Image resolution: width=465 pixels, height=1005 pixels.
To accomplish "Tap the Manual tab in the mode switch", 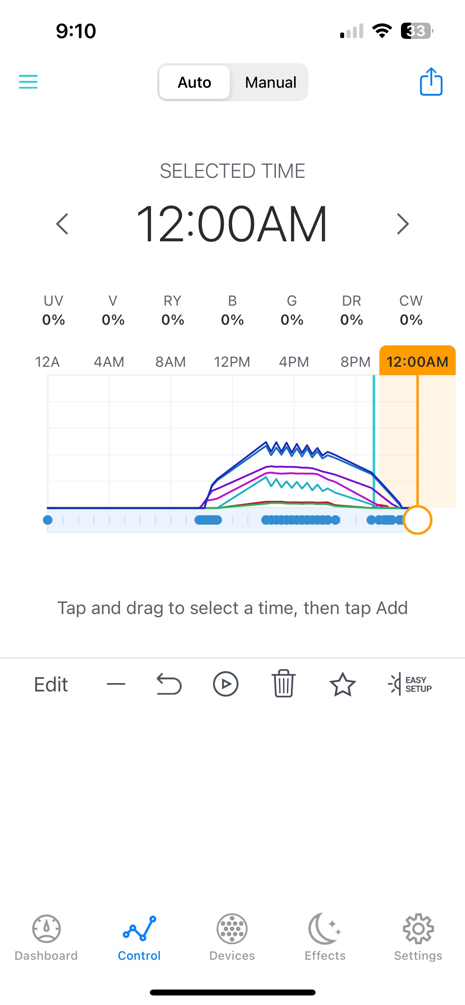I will point(271,83).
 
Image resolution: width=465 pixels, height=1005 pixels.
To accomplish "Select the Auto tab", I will point(194,83).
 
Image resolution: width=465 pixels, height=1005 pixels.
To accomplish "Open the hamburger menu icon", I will point(28,82).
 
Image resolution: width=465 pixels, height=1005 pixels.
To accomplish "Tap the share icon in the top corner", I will point(431,82).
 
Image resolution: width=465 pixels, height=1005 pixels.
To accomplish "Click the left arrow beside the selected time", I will point(62,224).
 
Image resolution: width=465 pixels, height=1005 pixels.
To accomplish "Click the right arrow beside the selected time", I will point(403,224).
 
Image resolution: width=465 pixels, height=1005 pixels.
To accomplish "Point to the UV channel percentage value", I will point(54,320).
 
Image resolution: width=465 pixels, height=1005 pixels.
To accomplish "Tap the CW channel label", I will point(411,301).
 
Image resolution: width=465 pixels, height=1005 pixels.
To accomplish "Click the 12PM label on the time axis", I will point(232,362).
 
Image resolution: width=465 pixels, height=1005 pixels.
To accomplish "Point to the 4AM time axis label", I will point(109,362).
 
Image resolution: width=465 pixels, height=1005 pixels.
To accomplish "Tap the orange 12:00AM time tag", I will point(417,361).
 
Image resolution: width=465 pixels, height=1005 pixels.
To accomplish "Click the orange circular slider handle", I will point(417,520).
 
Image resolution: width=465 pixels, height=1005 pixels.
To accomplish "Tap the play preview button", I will point(225,684).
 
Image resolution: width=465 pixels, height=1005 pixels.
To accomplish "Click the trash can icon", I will point(283,683).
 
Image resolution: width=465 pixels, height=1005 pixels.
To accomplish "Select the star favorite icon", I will point(342,684).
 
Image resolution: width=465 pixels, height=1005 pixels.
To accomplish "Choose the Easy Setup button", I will point(410,684).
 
